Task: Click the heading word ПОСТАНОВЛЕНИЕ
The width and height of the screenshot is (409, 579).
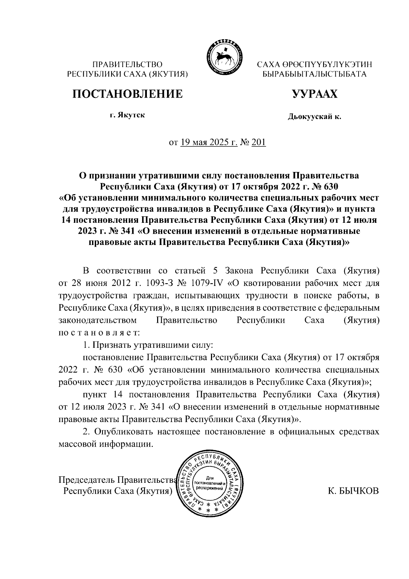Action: (x=127, y=93)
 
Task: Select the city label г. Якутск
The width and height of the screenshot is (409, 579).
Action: (x=127, y=115)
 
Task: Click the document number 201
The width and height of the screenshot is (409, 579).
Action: (x=259, y=142)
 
